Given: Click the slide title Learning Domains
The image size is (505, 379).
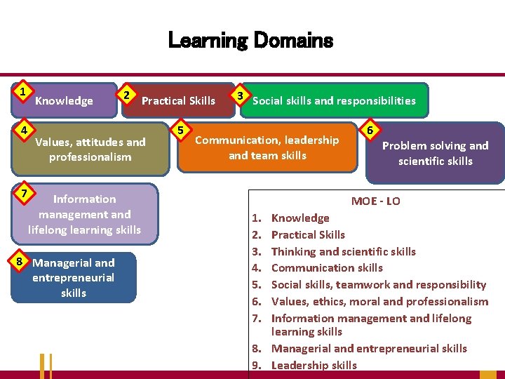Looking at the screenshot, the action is (x=250, y=41).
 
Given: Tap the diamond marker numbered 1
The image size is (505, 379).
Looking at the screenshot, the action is (x=23, y=92).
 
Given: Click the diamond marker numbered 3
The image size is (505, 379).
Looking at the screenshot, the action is (x=241, y=95).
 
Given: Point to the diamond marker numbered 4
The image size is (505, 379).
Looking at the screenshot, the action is (x=23, y=131).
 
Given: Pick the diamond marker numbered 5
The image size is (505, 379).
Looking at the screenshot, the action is (x=181, y=131).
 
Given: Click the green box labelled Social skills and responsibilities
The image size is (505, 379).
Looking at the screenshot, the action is (x=334, y=100).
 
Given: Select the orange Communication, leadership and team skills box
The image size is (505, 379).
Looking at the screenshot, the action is (x=267, y=148).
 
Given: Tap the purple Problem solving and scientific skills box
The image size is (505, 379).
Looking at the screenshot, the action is (x=435, y=154).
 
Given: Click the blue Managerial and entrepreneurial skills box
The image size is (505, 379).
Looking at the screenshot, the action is (x=74, y=278).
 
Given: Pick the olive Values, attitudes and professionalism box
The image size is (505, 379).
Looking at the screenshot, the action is (x=90, y=149).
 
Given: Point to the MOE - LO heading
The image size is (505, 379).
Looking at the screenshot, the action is (x=375, y=201).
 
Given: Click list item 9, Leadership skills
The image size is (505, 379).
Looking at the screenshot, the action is (x=314, y=365).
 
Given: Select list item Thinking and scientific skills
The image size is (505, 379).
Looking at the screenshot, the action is (x=343, y=251).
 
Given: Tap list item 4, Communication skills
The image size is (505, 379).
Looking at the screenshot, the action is (x=327, y=267).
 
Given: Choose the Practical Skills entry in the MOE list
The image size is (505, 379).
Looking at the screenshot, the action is (x=308, y=234).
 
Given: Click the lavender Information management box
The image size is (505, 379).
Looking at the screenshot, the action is (x=84, y=214).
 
